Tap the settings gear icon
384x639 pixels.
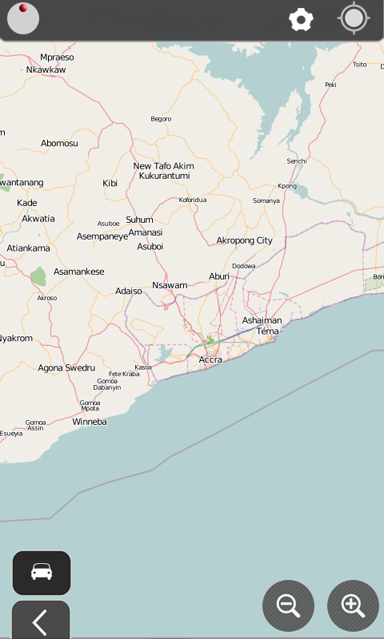pos(301,20)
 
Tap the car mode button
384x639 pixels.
pos(42,573)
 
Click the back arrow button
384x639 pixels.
pos(41,621)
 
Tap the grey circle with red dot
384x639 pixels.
pos(23,19)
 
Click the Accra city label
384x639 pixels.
pos(210,359)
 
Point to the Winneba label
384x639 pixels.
pos(90,421)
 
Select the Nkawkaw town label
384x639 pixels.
pos(46,69)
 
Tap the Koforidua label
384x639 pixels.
pos(193,200)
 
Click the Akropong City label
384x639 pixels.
pos(244,240)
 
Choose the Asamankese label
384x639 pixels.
pos(79,272)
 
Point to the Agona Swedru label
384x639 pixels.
pos(66,368)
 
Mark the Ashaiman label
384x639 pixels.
pos(262,320)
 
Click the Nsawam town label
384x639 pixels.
pos(170,285)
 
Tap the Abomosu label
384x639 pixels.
pos(60,143)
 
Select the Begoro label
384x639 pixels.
pos(161,119)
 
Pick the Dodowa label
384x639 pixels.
pos(244,266)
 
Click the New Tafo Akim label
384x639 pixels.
pos(163,166)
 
